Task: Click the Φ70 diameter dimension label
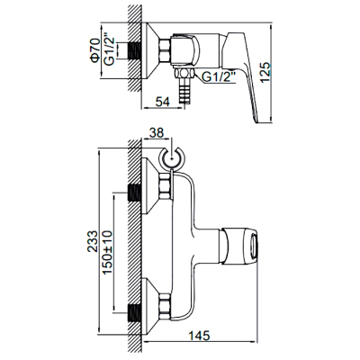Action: point(95,50)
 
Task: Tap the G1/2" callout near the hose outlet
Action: point(218,77)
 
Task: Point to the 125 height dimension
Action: point(265,73)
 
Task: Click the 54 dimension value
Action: point(163,102)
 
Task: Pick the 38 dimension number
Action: point(157,133)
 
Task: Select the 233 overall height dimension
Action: point(93,241)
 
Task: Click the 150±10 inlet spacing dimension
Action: point(107,252)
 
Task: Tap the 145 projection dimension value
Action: point(199,336)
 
